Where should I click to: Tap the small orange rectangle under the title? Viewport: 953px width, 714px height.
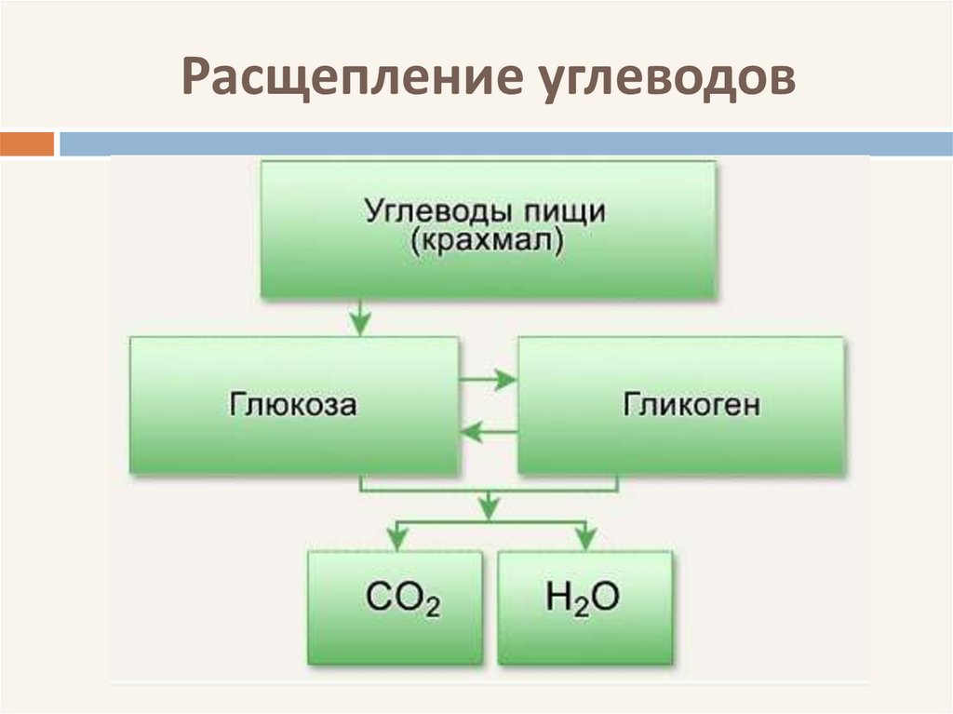pos(27,144)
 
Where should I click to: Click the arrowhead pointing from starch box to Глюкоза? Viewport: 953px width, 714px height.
pos(359,323)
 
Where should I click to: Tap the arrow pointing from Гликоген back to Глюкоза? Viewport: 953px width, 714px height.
pos(488,430)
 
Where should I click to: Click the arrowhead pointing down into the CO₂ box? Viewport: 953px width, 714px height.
pos(396,538)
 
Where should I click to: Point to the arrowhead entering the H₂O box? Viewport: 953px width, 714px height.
pos(584,538)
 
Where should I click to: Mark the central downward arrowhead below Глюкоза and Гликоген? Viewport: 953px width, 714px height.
pos(487,506)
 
